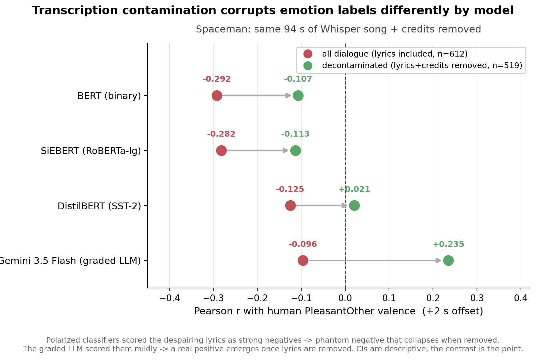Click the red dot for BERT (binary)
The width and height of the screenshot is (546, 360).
(217, 95)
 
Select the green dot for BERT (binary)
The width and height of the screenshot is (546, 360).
(298, 95)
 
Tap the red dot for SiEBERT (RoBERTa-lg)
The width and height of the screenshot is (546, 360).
(221, 150)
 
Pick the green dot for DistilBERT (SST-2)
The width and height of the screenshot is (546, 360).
(354, 205)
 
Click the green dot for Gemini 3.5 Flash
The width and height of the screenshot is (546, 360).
(448, 260)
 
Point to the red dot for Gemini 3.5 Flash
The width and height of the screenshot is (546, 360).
(303, 260)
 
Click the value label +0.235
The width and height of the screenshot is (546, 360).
(448, 244)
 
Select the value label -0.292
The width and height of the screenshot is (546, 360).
(217, 79)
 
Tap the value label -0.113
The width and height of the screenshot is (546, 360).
(295, 134)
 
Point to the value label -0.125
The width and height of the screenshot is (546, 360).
(290, 189)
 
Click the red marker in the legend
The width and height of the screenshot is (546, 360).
(308, 54)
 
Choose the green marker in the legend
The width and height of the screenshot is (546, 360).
(308, 66)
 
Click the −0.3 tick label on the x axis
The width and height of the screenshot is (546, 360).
(213, 298)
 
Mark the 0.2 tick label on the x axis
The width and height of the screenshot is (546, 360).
(433, 298)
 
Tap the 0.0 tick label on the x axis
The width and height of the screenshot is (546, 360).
(345, 298)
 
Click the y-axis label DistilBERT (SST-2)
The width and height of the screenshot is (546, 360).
(99, 206)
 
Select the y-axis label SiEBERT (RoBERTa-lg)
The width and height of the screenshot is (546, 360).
(91, 151)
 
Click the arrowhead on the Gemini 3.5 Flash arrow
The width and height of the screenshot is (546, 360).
(438, 260)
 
